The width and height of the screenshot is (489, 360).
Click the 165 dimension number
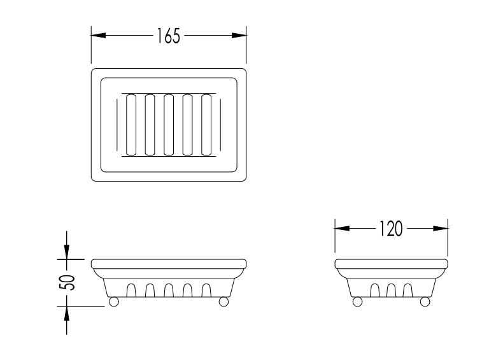coord(168,36)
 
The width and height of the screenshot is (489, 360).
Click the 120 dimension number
coord(391,229)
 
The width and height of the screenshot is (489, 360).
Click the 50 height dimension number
coord(67,282)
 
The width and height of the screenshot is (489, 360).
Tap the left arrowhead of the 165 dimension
coord(98,35)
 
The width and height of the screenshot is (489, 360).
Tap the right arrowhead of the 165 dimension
coord(239,35)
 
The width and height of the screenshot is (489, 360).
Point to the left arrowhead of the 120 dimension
coord(342,228)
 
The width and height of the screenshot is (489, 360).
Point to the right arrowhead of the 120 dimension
coord(441,228)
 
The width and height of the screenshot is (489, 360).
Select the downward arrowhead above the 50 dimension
coord(66,252)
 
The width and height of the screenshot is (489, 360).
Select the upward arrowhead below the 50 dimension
coord(66,313)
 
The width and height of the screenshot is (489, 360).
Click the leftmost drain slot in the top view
coord(131,125)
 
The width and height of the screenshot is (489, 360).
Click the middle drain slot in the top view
coord(169,125)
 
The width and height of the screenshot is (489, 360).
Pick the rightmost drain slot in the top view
coord(206,125)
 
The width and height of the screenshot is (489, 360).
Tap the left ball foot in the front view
coord(113,301)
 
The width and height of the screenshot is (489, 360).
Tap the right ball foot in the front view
coord(223,301)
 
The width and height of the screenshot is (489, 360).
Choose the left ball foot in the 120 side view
coord(357,301)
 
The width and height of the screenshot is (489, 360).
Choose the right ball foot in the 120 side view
coord(425,301)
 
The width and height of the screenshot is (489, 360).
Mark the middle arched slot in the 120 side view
coord(391,290)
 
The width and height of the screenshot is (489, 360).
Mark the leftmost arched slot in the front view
coord(131,290)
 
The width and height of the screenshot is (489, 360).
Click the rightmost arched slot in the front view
coord(206,290)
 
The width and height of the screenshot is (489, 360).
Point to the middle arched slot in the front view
coord(169,290)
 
